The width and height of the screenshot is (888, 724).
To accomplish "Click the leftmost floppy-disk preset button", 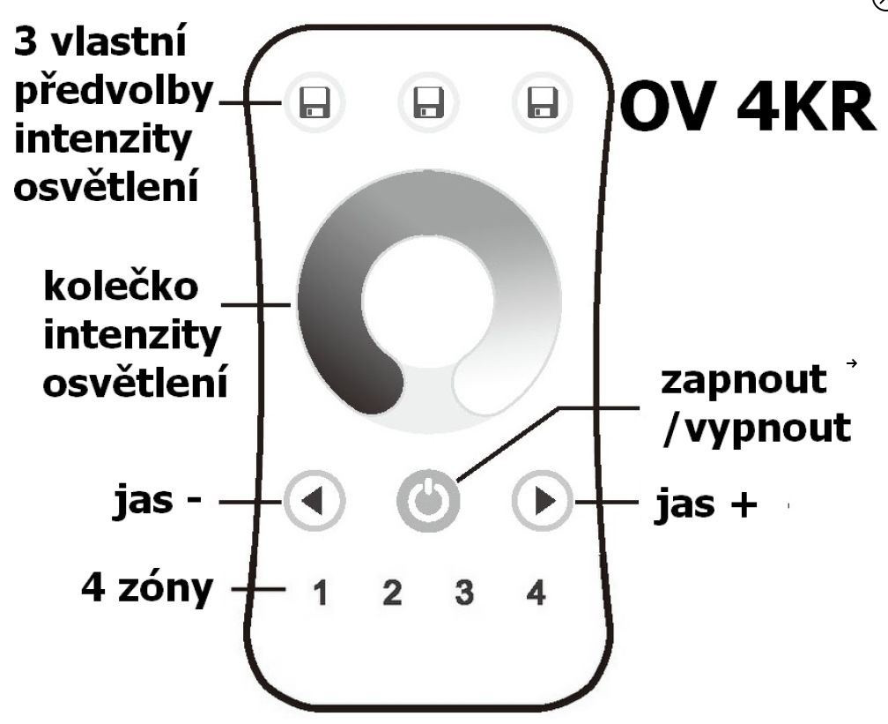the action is click(x=314, y=102).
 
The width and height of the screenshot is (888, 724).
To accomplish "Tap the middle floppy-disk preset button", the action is click(x=429, y=102).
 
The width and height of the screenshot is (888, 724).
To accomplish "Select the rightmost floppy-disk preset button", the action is click(x=543, y=102).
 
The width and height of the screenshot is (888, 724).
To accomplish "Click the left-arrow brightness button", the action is click(x=314, y=501).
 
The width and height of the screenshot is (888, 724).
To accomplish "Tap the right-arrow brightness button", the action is click(x=543, y=501).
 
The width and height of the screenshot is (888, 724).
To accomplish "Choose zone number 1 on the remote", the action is click(x=321, y=593).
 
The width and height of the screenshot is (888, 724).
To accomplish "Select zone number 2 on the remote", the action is click(x=392, y=593).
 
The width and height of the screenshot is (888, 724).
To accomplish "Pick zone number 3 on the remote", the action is click(x=463, y=593).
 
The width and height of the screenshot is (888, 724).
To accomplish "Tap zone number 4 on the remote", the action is click(x=536, y=593).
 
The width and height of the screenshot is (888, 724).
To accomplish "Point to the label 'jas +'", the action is click(x=706, y=504).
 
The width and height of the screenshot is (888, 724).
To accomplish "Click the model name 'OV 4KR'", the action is click(x=747, y=106).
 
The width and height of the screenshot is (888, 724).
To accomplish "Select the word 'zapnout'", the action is click(x=743, y=380).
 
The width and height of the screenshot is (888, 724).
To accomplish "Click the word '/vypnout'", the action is click(x=757, y=429).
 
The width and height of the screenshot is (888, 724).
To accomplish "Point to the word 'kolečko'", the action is click(x=121, y=287).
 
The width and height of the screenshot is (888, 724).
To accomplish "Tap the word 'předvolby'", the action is click(x=114, y=93).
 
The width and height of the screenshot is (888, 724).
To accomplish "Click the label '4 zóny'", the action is click(x=147, y=588).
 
